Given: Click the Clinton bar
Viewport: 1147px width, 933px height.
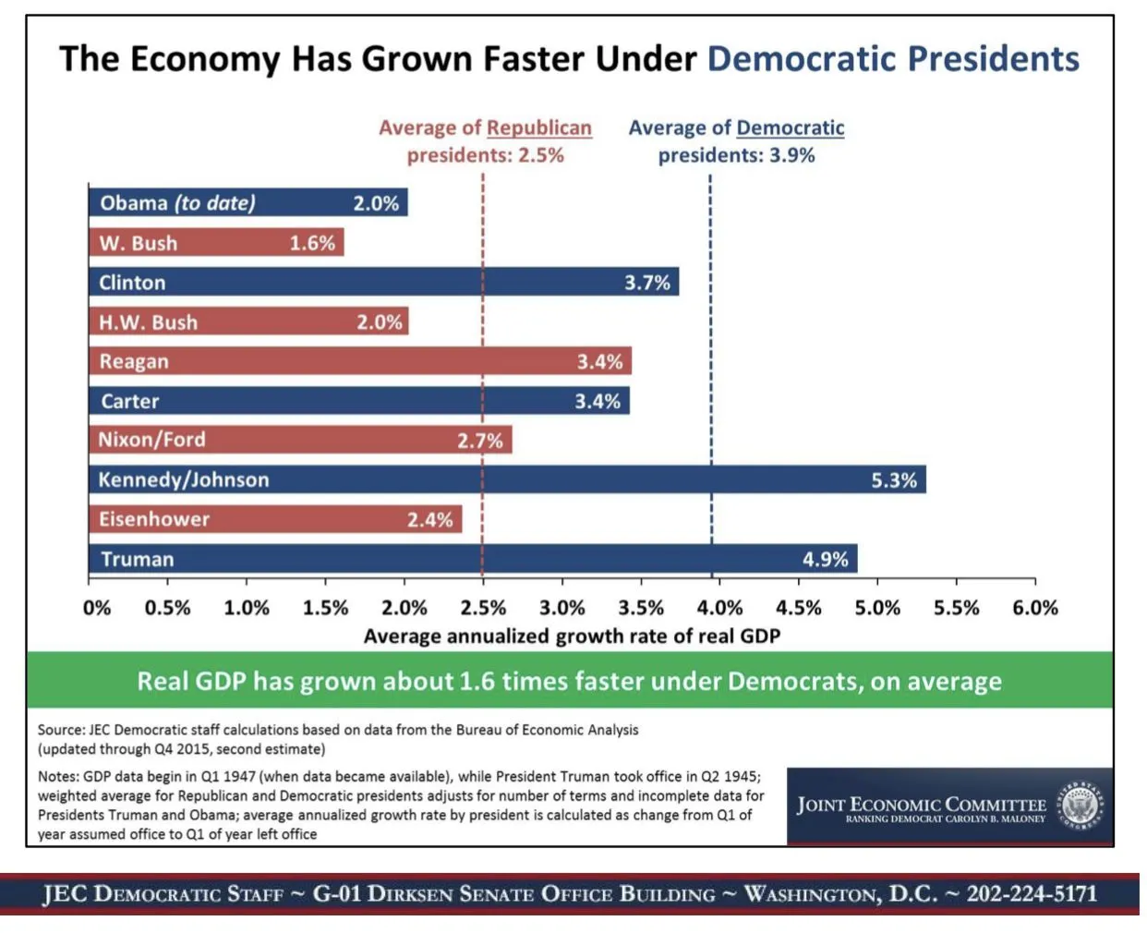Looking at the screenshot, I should point(383,282).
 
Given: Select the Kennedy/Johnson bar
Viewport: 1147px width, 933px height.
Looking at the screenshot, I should point(507,479).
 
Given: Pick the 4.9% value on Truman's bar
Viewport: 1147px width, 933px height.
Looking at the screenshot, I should point(825,560).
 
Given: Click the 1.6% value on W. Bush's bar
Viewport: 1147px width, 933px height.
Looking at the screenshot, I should point(312,243).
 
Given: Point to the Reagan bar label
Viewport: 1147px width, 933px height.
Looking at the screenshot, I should point(134,362).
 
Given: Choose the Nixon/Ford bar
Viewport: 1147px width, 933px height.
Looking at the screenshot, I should point(300,440).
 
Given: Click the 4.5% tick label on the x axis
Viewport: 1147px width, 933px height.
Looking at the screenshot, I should point(798,608).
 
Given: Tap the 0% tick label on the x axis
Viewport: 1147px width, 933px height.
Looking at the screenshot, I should point(96,608).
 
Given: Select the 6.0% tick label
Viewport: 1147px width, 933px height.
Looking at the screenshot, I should point(1034,608).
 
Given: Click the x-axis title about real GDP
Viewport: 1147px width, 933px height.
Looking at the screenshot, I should point(572,636).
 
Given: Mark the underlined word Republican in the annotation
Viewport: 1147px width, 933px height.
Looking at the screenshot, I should point(539,128).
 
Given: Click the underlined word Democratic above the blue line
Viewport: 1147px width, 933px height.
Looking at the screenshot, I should point(791,128).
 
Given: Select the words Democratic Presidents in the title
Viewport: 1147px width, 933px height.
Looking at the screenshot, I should point(893,59).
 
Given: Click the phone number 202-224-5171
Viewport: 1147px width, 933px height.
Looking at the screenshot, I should point(1032,894).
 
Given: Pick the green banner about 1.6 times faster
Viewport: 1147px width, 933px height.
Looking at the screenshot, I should point(570,681).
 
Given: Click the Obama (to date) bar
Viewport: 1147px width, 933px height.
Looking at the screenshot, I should point(248,203).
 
